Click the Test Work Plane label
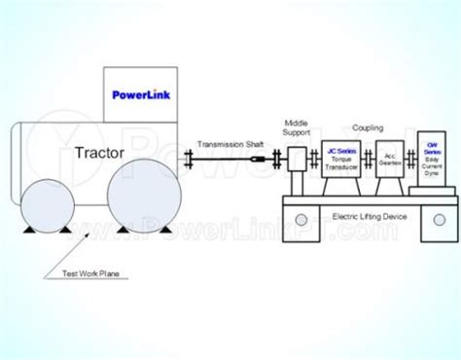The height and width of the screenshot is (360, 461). coord(85,275)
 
